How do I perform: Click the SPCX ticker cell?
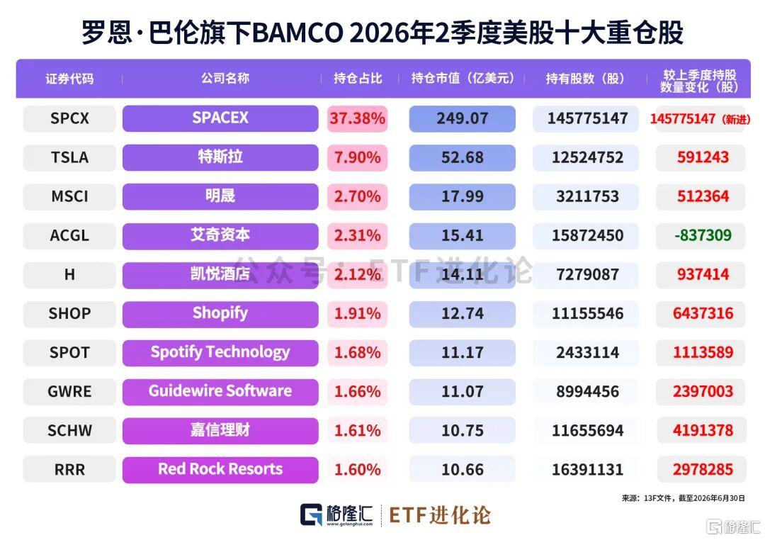(69, 118)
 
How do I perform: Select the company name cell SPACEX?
(220, 118)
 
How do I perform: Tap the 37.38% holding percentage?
(357, 118)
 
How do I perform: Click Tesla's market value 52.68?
(462, 157)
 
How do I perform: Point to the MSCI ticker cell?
(69, 196)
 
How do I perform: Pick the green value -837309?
(703, 235)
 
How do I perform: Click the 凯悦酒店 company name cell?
(220, 274)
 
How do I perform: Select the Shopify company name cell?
(220, 313)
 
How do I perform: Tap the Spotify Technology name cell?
(220, 352)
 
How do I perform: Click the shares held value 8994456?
(587, 392)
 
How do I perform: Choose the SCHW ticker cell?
(69, 431)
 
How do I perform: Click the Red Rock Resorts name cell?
(220, 470)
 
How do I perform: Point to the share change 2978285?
(703, 470)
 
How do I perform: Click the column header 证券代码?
(69, 79)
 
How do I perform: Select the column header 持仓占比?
(358, 79)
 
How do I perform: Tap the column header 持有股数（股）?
(585, 79)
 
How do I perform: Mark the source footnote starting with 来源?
(683, 498)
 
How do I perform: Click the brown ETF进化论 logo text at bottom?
(440, 515)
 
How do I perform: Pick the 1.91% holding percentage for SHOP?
(357, 313)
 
